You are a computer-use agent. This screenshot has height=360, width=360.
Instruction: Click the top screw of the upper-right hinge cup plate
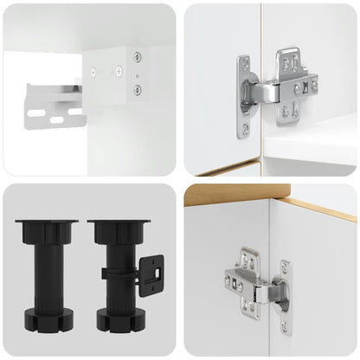(243, 64)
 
